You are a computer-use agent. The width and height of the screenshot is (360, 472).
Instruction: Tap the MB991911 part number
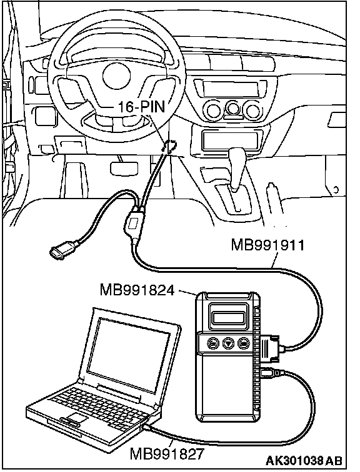[x=268, y=245]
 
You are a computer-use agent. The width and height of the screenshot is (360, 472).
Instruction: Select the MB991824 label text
[x=137, y=290]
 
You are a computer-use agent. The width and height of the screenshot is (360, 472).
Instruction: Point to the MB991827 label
[x=167, y=454]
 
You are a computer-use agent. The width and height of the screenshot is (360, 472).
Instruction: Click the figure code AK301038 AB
[x=304, y=460]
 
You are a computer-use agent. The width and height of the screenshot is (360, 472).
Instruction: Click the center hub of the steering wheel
[x=116, y=76]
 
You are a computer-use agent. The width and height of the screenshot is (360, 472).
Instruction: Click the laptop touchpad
[x=77, y=418]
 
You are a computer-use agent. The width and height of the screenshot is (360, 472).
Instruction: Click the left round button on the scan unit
[x=213, y=343]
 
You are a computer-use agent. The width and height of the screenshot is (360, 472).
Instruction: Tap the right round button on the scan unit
[x=244, y=343]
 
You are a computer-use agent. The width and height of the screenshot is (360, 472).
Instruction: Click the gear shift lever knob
[x=237, y=157]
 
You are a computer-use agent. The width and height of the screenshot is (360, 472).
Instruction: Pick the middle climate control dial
[x=232, y=110]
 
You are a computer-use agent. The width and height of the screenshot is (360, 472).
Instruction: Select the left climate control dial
[x=214, y=110]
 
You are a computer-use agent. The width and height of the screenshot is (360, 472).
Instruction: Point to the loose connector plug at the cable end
[x=63, y=248]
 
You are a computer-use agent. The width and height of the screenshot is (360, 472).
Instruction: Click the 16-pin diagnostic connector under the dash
[x=169, y=147]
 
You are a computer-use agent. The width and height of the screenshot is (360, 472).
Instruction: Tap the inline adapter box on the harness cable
[x=133, y=224]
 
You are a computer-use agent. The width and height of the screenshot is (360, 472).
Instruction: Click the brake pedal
[x=124, y=169]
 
